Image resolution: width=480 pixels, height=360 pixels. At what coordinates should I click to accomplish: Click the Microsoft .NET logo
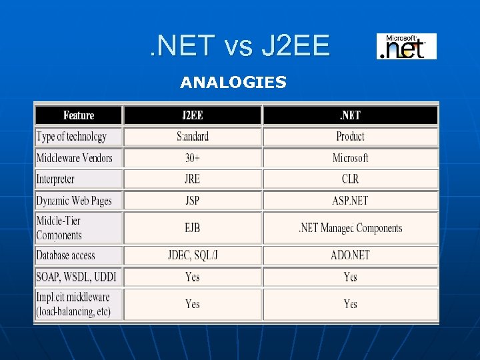coord(406,46)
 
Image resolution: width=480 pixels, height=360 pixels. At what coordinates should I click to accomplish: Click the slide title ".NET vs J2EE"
coord(239,46)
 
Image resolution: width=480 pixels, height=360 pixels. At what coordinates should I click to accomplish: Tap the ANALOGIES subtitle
coord(233,83)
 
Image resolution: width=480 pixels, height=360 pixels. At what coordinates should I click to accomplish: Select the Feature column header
coord(79,115)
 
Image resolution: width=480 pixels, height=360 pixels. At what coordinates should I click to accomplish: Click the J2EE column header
coord(193,115)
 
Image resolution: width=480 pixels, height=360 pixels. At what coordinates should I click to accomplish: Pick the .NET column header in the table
coord(350,115)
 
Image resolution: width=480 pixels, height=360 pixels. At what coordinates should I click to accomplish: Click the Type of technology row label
coord(71,137)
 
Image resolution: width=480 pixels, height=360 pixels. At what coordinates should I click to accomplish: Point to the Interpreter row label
coord(55,179)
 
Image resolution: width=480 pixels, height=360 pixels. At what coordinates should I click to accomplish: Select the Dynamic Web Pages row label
coord(74,201)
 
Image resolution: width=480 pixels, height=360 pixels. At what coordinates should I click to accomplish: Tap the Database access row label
coord(65,255)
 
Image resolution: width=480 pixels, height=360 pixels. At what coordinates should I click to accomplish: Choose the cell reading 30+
coord(193,158)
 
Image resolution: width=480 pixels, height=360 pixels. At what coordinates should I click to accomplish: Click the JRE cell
coord(193,179)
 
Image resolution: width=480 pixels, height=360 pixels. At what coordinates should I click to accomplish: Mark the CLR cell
coord(350,179)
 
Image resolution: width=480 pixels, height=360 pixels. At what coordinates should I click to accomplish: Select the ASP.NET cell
coord(350,201)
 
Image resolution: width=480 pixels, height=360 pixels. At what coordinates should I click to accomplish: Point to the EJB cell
coord(193,228)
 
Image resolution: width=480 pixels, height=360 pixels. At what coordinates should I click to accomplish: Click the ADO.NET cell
coord(350,255)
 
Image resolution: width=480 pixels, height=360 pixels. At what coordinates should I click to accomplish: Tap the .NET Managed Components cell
coord(350,228)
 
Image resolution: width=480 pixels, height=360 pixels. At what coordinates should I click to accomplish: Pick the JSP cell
coord(193,201)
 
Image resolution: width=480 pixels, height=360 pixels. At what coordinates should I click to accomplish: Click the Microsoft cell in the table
coord(350,158)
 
